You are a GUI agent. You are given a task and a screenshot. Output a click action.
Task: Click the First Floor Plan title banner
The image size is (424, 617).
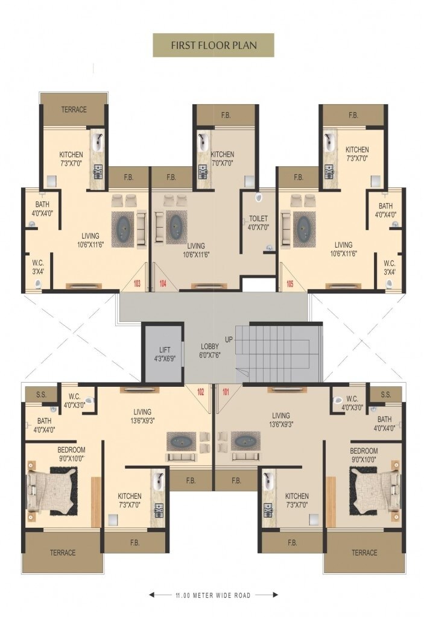(x=213, y=45)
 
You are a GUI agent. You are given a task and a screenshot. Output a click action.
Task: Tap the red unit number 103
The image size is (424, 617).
(x=137, y=283)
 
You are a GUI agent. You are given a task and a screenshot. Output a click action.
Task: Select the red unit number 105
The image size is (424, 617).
(x=290, y=283)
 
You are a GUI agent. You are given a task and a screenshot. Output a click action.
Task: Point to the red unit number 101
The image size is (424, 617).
(x=226, y=392)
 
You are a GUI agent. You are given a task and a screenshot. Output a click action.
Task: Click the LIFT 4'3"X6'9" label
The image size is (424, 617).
(x=165, y=354)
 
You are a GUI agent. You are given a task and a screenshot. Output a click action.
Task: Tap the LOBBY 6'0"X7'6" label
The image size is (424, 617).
(x=210, y=351)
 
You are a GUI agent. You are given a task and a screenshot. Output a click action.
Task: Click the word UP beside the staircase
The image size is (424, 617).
(x=229, y=339)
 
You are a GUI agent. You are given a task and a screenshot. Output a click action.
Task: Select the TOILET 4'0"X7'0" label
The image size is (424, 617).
(x=259, y=223)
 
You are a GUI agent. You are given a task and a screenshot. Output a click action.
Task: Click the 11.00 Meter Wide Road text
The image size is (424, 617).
(x=213, y=595)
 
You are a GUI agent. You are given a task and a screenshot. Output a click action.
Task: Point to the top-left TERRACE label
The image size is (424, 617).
(x=74, y=110)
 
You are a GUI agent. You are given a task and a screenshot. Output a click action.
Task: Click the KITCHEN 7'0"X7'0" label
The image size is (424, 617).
(x=223, y=158)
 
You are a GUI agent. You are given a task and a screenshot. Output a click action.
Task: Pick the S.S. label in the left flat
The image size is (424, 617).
(x=42, y=395)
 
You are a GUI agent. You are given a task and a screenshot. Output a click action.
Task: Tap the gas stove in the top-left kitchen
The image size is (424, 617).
(x=98, y=171)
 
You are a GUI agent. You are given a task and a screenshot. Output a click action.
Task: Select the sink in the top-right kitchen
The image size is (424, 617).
(x=329, y=142)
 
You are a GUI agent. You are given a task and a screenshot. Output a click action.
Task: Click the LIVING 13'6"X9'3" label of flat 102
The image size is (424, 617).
(x=142, y=416)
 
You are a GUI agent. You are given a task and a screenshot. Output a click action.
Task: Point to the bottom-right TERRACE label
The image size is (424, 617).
(x=364, y=553)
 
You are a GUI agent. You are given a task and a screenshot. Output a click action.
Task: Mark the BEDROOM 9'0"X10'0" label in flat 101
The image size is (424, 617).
(x=364, y=455)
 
